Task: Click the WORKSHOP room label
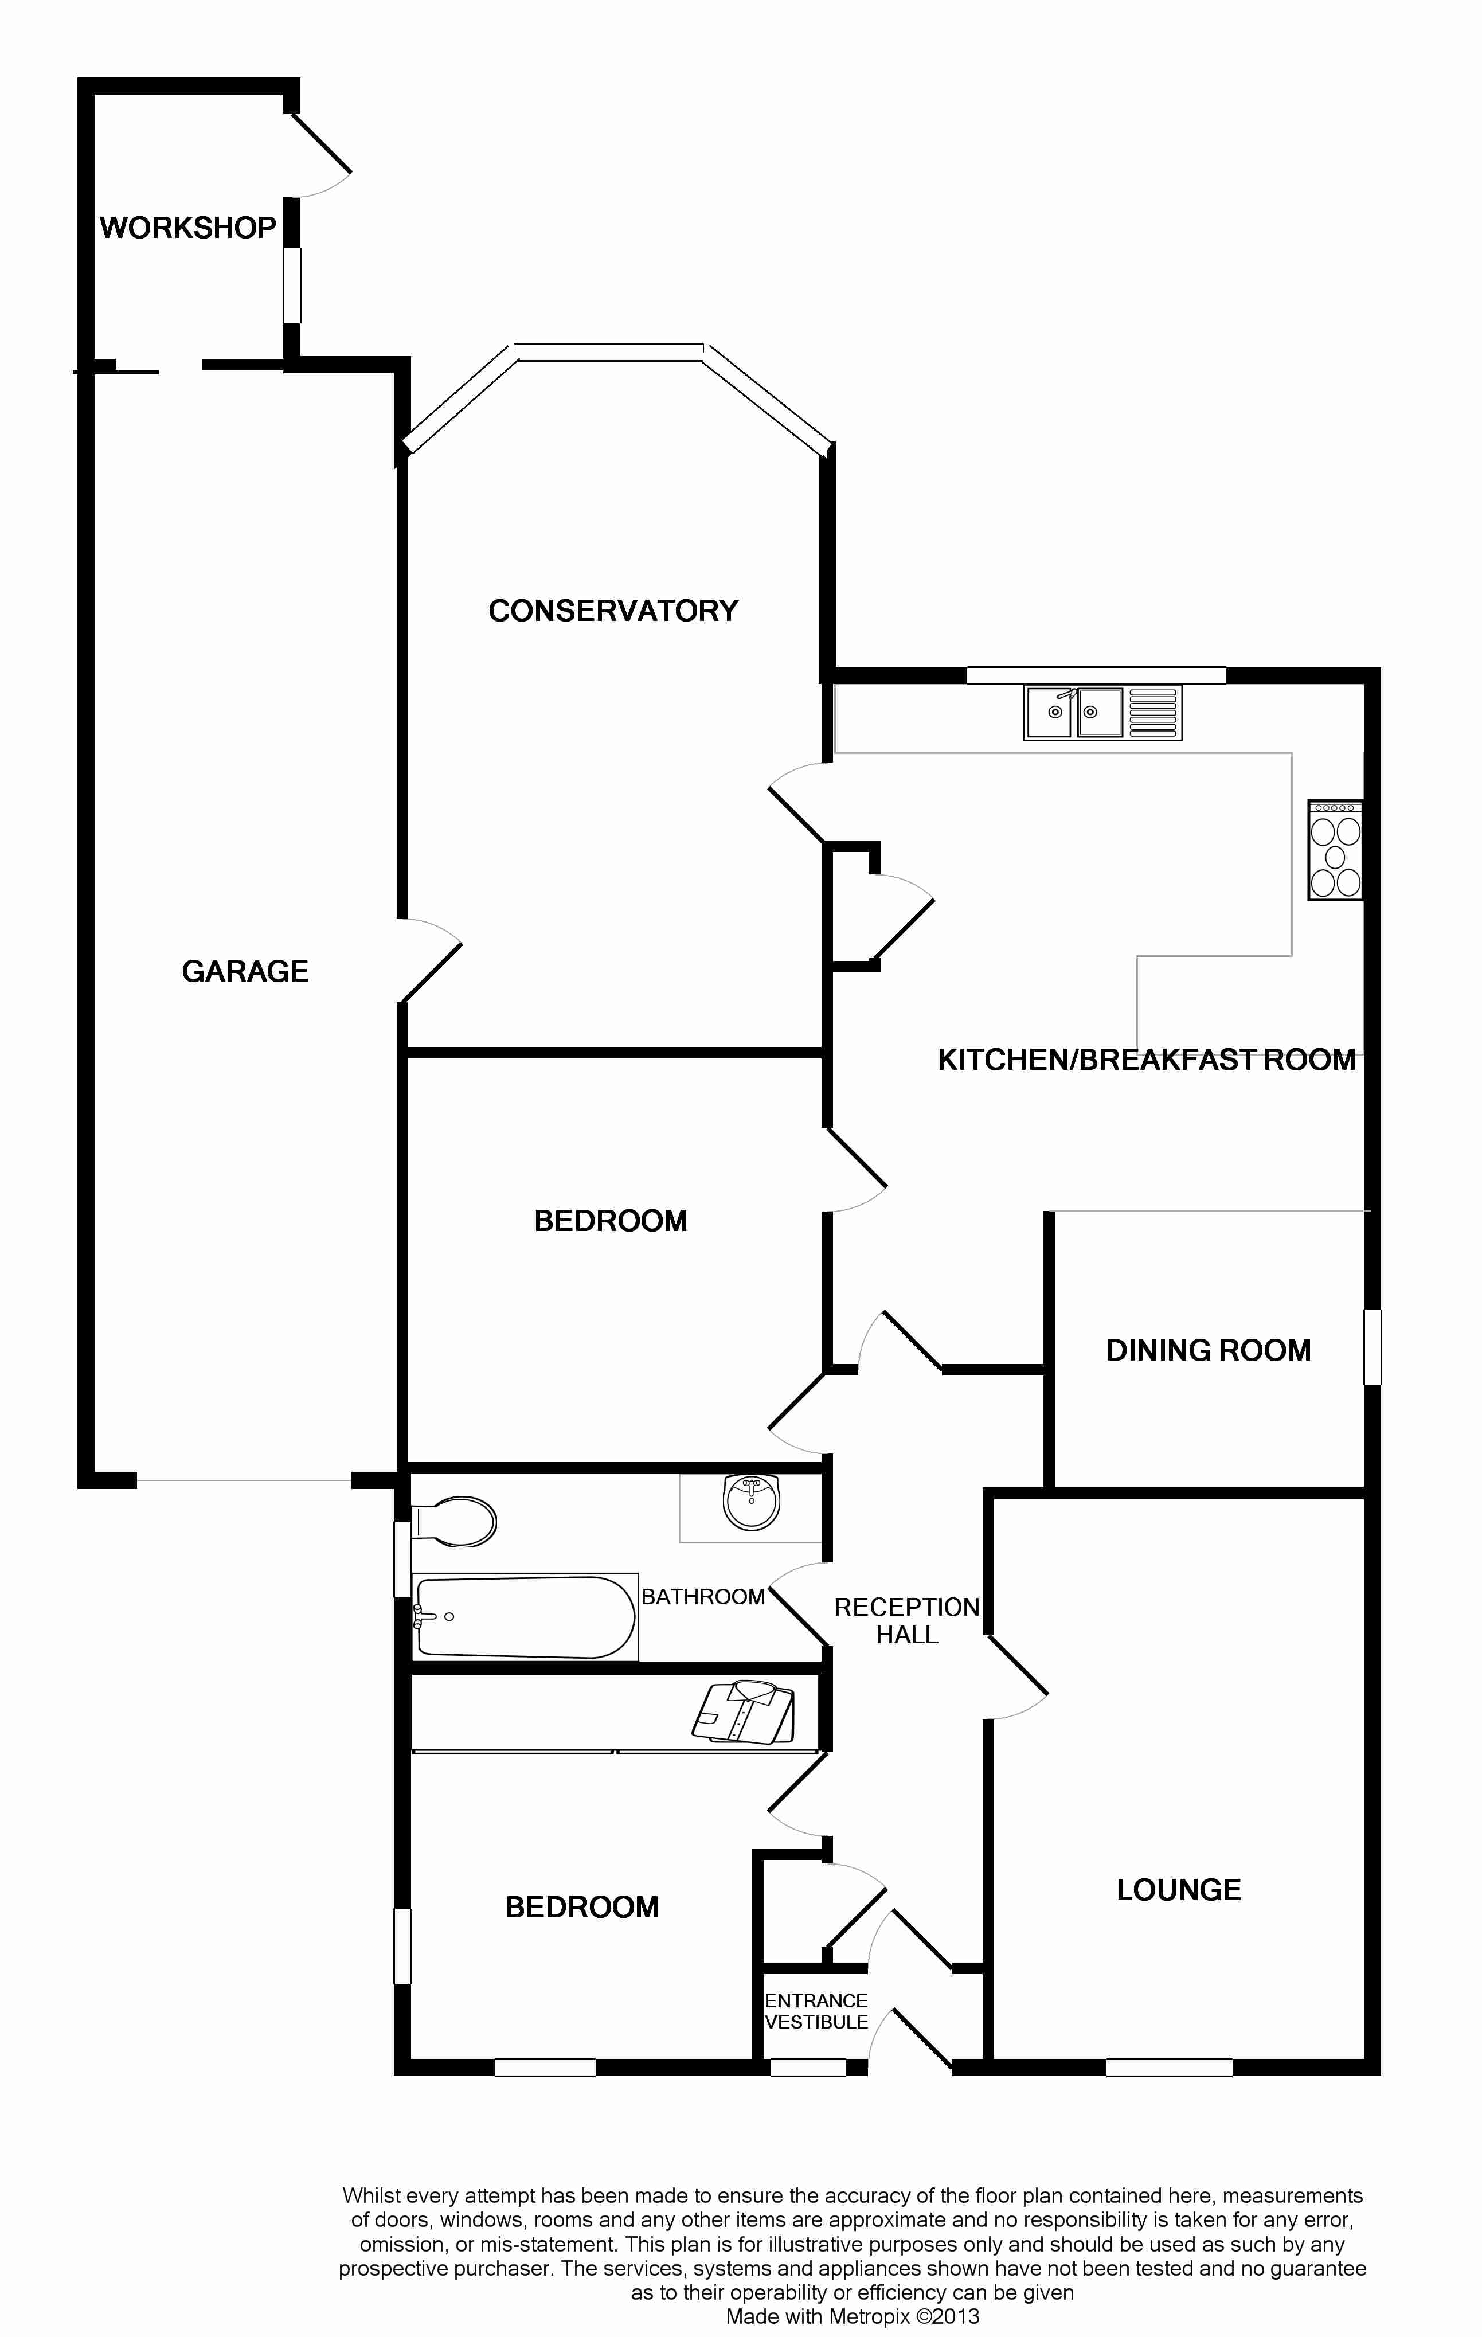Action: (x=187, y=228)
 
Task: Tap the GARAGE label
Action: (x=245, y=971)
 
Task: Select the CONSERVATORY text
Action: (x=613, y=611)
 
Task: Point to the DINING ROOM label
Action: (x=1209, y=1350)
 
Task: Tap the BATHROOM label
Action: (x=703, y=1596)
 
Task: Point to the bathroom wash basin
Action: (x=751, y=1502)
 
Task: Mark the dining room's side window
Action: (x=1372, y=1346)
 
